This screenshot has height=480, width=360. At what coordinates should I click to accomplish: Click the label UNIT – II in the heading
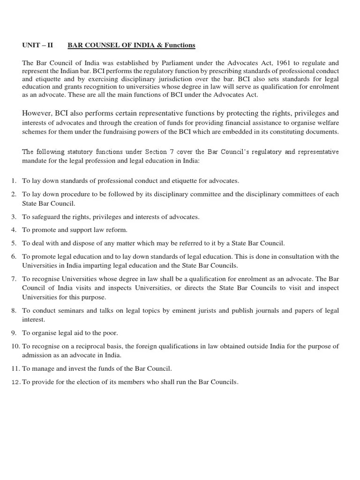coord(37,45)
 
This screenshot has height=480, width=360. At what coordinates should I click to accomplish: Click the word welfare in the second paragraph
coord(327,123)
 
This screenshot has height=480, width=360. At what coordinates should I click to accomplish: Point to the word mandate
coord(36,160)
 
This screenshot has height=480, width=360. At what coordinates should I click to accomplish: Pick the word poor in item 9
coord(110,333)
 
